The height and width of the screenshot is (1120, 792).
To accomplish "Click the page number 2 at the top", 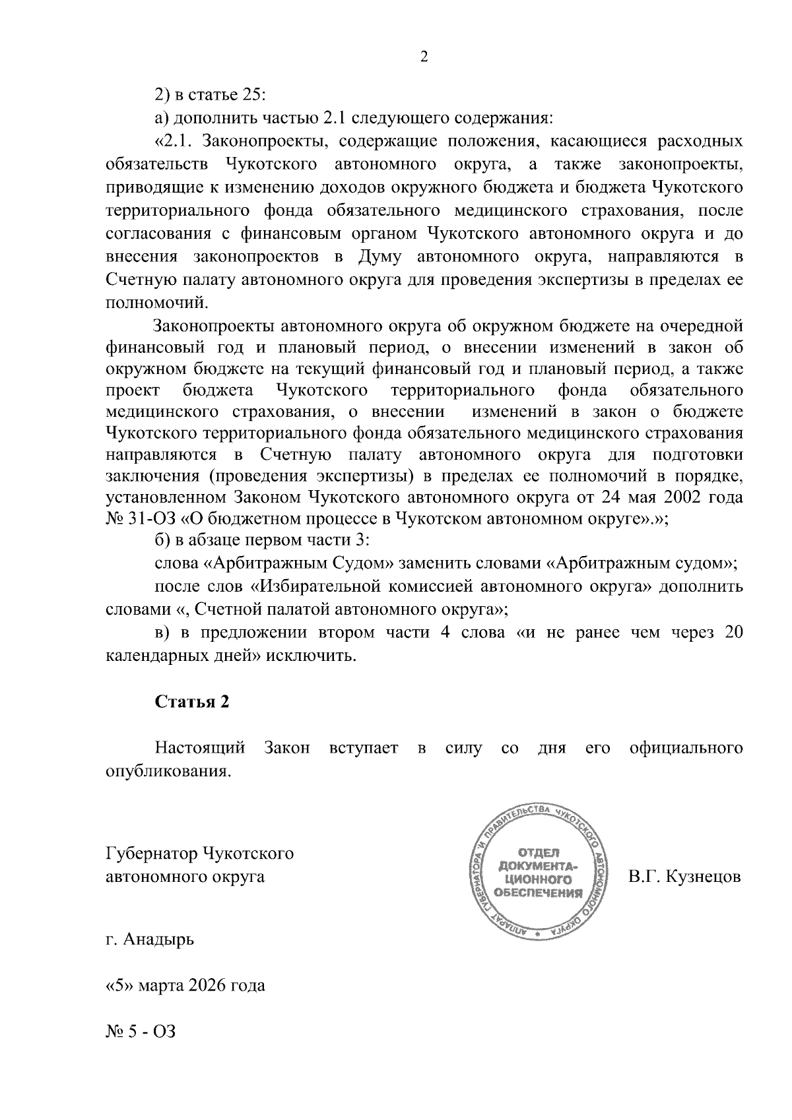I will click(x=424, y=57).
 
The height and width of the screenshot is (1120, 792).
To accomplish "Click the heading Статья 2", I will click(x=192, y=702).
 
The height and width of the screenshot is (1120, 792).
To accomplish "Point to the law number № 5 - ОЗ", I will click(x=141, y=1031).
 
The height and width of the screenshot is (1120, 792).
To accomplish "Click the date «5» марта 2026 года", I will click(x=185, y=985).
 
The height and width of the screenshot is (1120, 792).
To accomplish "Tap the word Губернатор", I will click(x=151, y=854).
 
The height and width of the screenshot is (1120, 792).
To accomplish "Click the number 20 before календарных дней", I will click(x=733, y=633).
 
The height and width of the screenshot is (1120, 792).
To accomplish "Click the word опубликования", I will click(x=169, y=771).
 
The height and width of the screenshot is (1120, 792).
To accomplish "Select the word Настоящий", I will click(x=200, y=748).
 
